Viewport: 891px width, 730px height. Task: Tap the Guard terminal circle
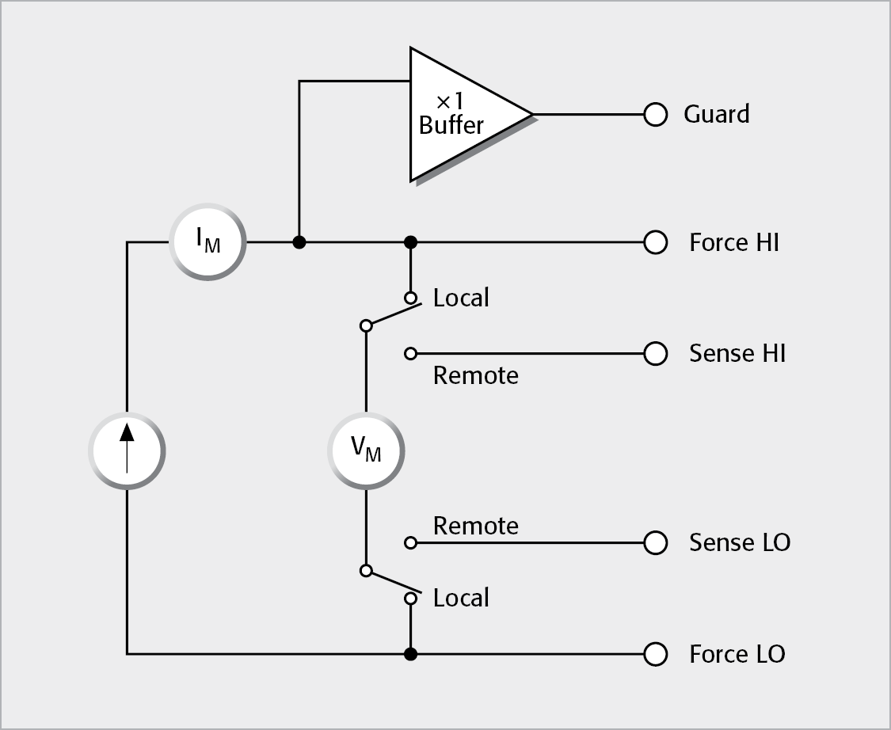coord(655,115)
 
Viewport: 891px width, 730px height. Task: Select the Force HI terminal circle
coord(655,242)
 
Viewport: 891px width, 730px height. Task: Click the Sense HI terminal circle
coord(655,353)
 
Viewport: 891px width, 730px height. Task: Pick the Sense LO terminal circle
coord(655,542)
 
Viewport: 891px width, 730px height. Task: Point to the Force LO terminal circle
coord(655,654)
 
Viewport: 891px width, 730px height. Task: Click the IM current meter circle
coord(208,242)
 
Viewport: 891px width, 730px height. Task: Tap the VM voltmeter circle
coord(366,450)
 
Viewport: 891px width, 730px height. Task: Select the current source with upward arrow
coord(127,451)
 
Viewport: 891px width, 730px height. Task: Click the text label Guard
coord(717,115)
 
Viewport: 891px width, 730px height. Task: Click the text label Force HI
coord(734,242)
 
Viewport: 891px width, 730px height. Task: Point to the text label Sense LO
coord(740,542)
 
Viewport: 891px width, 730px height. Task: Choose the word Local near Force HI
coord(461,298)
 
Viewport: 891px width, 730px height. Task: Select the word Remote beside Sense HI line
coord(475,375)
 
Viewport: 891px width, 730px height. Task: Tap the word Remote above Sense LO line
coord(475,526)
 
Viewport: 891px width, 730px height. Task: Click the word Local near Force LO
coord(461,598)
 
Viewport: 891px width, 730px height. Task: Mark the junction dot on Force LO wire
coord(410,654)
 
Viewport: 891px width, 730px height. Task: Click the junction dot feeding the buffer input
coord(299,242)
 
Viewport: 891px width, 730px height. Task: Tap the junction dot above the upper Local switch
coord(410,242)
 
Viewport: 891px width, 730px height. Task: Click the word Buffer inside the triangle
coord(451,125)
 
